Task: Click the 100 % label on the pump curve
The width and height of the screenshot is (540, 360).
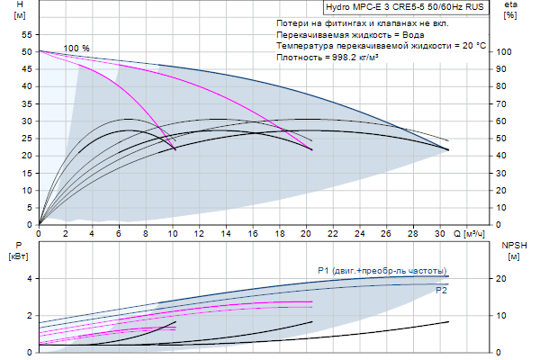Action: [x=77, y=48]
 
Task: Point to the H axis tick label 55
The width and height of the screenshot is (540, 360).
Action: [x=25, y=34]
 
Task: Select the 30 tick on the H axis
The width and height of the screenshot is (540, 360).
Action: [x=25, y=121]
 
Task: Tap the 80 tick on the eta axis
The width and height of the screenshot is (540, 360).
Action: [x=506, y=86]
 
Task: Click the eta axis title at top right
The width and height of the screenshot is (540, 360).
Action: [x=509, y=5]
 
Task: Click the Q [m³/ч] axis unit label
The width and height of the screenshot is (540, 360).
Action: [x=473, y=234]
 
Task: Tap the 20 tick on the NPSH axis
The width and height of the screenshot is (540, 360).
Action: [x=506, y=279]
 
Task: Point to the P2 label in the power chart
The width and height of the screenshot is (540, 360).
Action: [x=441, y=291]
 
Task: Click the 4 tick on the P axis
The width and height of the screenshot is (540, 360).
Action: [x=29, y=279]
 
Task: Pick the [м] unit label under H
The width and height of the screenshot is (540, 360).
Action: [x=21, y=16]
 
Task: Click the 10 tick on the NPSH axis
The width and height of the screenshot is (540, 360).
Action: [x=506, y=316]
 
